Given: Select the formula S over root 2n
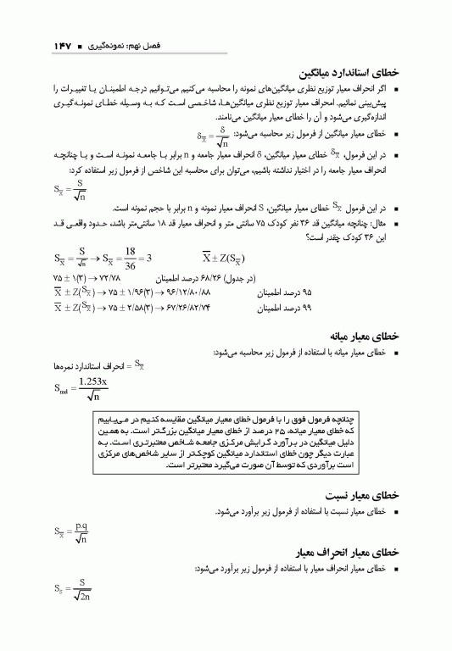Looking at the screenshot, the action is (x=73, y=588).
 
